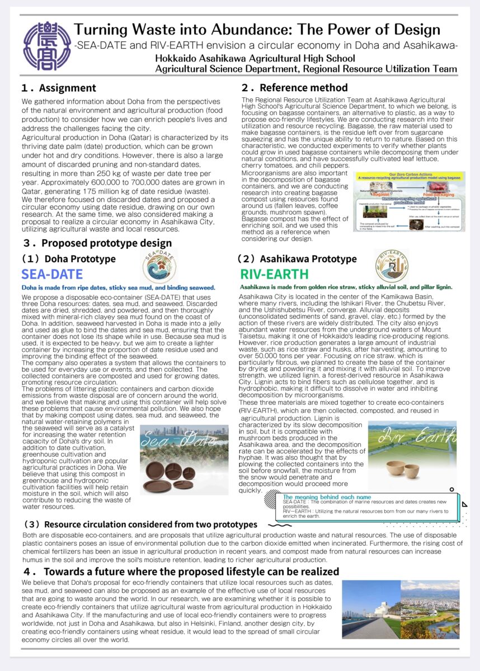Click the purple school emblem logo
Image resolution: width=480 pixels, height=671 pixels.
[47, 46]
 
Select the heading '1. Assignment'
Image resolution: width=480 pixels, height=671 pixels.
[58, 88]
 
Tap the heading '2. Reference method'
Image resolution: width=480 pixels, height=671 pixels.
[294, 88]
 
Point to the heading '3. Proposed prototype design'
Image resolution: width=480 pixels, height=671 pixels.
[97, 243]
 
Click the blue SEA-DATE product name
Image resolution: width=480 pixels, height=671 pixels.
[52, 275]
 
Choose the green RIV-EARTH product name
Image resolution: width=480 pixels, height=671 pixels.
[274, 275]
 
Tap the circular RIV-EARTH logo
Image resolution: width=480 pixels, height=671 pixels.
[392, 265]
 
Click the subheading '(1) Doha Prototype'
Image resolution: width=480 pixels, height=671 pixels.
[68, 259]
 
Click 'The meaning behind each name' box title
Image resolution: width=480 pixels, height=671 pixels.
[327, 497]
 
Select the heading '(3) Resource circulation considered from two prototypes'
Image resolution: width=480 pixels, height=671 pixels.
[140, 524]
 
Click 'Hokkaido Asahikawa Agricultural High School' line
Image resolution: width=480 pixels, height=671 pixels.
[255, 58]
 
